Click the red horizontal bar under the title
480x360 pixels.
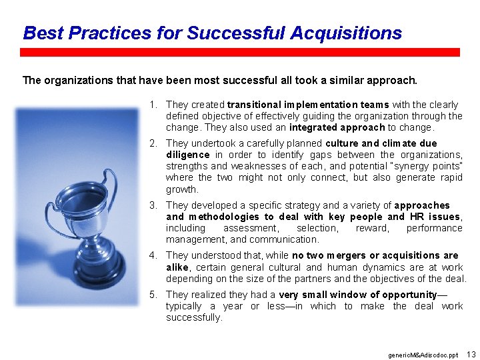(240, 52)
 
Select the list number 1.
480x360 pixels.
(153, 105)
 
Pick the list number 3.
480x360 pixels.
(153, 205)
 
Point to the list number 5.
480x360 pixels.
(153, 295)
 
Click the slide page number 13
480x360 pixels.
(471, 353)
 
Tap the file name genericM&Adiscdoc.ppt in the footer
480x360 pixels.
(423, 355)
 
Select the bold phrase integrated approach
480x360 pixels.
(337, 127)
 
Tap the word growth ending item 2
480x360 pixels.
(182, 189)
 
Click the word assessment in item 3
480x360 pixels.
(251, 228)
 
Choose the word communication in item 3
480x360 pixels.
(289, 239)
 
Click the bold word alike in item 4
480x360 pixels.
(178, 267)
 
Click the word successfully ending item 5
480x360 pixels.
(193, 317)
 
